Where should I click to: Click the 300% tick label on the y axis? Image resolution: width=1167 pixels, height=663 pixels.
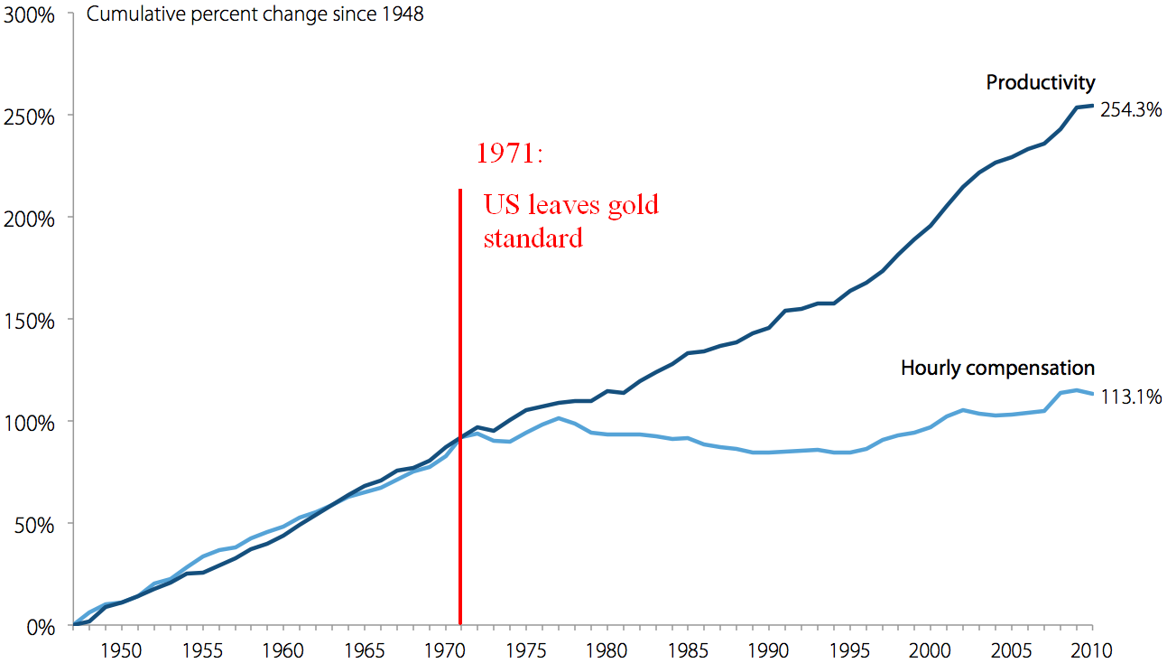pos(30,15)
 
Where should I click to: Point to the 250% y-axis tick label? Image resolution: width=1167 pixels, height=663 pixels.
pos(30,117)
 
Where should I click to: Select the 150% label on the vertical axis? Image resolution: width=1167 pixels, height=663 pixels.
pos(30,321)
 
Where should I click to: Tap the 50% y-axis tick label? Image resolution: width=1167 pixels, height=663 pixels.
pos(34,524)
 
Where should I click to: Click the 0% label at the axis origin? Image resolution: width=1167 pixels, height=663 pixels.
pos(39,626)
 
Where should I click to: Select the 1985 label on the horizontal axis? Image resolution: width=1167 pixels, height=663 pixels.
pos(688,649)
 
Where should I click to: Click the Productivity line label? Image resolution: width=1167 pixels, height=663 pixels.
pos(1040,83)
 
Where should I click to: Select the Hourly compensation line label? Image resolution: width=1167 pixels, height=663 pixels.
pos(997,369)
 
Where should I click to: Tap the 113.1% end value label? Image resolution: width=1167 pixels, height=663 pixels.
pos(1130,397)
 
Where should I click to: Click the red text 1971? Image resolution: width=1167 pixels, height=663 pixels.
pos(510,154)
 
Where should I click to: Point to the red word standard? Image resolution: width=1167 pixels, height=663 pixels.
pos(533,239)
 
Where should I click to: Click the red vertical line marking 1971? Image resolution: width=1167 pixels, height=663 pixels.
pos(460,406)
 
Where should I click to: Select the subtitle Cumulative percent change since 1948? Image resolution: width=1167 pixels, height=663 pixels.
pos(255,16)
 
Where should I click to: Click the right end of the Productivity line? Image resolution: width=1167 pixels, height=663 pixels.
pos(1093,106)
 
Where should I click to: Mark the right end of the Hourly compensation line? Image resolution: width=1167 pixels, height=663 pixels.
pos(1093,394)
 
